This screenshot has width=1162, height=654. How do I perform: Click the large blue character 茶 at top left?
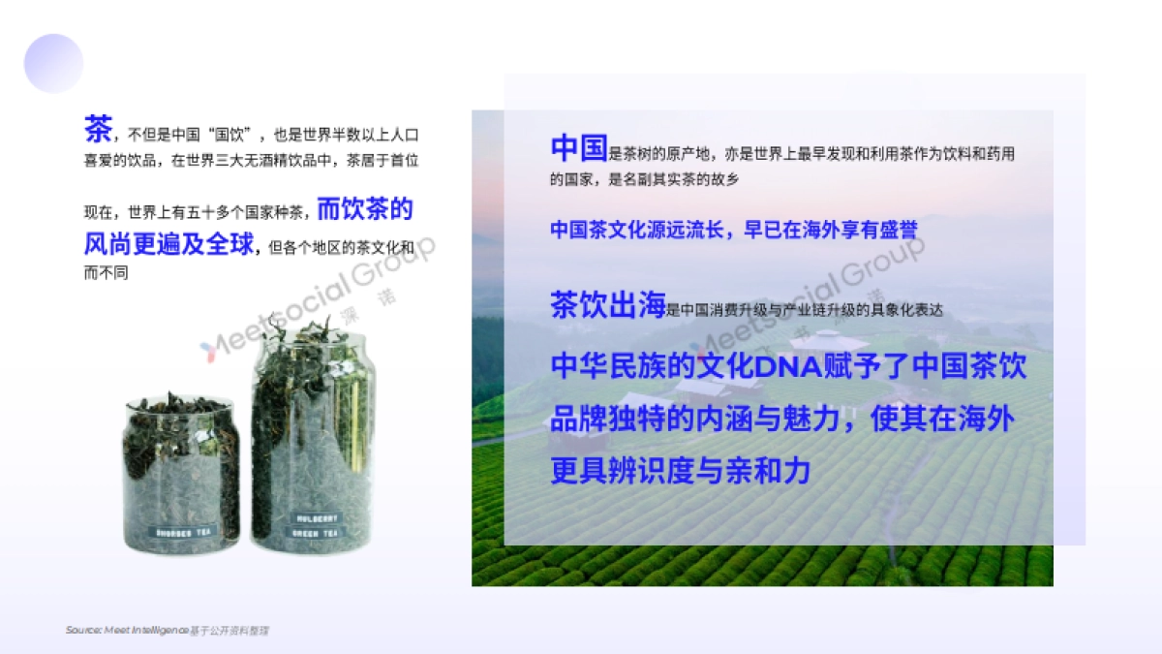point(98,128)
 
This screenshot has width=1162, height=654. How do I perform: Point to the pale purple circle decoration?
point(53,63)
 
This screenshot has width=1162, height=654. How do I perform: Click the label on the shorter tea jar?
point(181,531)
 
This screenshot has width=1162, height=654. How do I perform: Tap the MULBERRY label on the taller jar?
point(316,518)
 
